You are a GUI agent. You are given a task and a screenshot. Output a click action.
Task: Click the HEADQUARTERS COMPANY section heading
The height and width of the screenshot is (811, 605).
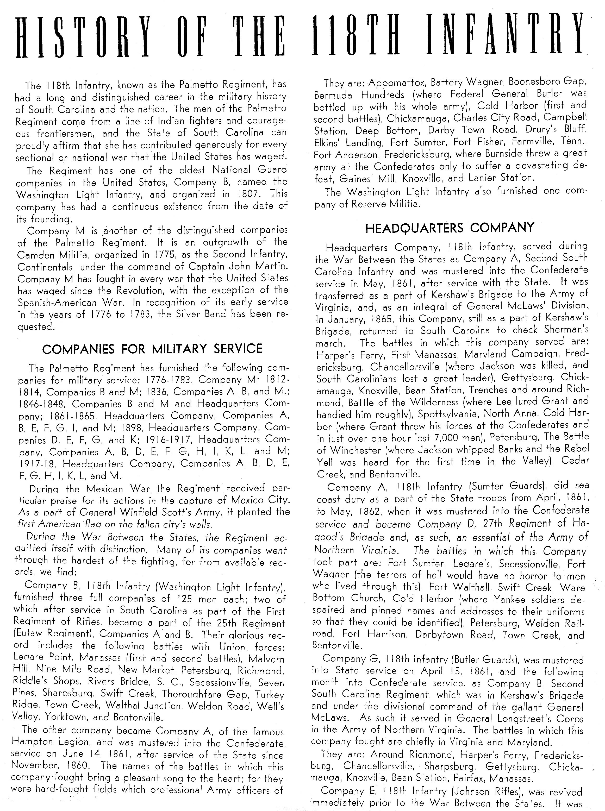[x=450, y=228]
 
